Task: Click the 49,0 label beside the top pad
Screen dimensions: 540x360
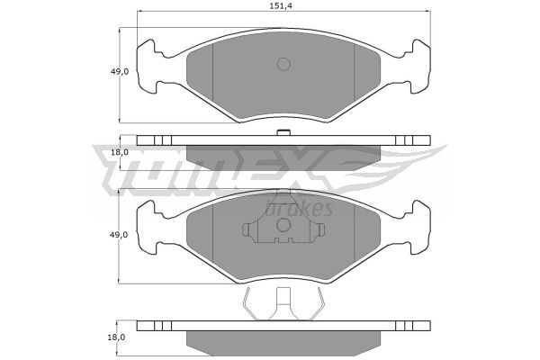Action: pos(119,72)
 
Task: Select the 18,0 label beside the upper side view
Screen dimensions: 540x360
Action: pos(119,152)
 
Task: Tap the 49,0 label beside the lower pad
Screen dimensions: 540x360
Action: pos(119,235)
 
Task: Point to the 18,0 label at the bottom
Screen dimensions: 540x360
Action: pos(116,337)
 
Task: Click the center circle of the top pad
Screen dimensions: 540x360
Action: pos(283,64)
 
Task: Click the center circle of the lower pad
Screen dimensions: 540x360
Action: pos(283,225)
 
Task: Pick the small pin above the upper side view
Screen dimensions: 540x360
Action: pos(283,132)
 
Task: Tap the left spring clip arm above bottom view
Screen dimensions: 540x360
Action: pos(250,304)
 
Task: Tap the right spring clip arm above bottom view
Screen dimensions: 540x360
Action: pos(318,304)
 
